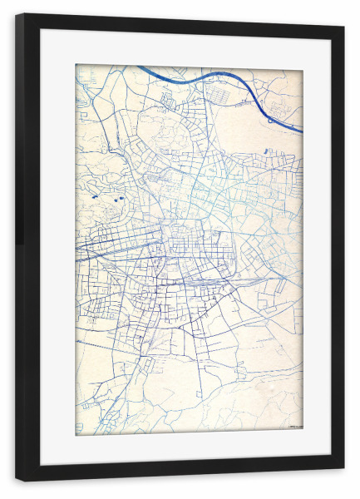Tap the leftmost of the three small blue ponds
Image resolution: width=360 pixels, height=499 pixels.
point(95,196)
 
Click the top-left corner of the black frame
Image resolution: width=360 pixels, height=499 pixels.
point(17,15)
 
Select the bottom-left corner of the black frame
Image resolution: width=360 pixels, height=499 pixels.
point(17,480)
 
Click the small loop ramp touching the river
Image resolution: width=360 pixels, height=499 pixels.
point(272,120)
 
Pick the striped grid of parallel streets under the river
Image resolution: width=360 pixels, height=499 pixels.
point(231,94)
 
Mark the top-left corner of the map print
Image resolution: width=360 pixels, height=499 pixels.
point(76,65)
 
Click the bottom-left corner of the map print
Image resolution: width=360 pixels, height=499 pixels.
point(76,435)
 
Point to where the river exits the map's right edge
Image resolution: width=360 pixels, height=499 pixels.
point(302,131)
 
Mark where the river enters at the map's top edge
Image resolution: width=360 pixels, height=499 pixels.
point(139,67)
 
